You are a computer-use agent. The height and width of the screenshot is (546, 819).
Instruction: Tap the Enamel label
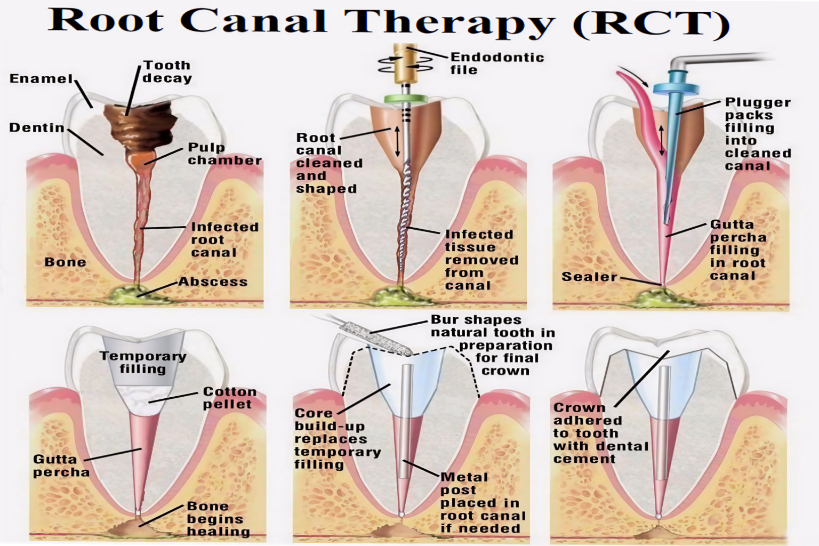pyautogui.click(x=41, y=79)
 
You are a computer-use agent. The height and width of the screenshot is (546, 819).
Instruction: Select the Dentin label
pyautogui.click(x=36, y=128)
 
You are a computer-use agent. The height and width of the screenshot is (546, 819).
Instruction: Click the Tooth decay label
pyautogui.click(x=167, y=72)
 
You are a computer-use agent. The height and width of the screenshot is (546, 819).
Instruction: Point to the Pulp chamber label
pyautogui.click(x=224, y=154)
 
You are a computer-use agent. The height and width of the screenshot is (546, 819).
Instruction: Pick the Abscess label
pyautogui.click(x=213, y=282)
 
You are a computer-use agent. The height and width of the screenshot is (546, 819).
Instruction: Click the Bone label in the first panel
pyautogui.click(x=65, y=262)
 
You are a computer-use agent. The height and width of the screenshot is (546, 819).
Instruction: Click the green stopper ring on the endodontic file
pyautogui.click(x=406, y=99)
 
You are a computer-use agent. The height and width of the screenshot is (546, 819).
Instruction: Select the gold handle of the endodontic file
pyautogui.click(x=405, y=64)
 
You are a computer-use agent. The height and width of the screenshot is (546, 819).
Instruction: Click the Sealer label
pyautogui.click(x=589, y=277)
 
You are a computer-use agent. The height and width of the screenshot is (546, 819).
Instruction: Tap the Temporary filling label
pyautogui.click(x=143, y=363)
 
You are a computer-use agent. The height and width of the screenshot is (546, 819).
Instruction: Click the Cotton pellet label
pyautogui.click(x=229, y=398)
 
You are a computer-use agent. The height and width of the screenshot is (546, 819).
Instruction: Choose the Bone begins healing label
pyautogui.click(x=218, y=519)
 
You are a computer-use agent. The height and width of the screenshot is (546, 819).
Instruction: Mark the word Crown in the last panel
pyautogui.click(x=579, y=408)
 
